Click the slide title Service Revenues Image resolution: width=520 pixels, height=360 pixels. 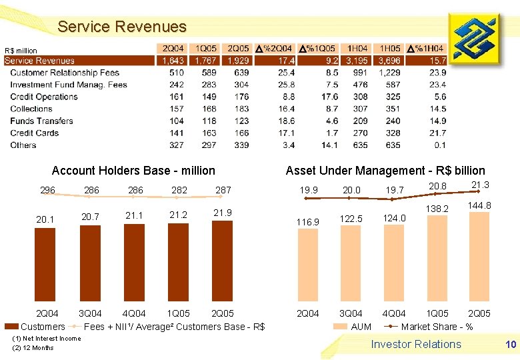click(122, 27)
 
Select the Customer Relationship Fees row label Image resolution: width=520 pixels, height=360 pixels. click(65, 73)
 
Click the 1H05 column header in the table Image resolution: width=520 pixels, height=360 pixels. click(390, 49)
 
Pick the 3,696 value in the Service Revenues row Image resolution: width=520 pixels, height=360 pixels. click(389, 61)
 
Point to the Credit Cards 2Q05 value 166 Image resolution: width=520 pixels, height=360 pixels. click(241, 133)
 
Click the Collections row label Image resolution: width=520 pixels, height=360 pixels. click(31, 109)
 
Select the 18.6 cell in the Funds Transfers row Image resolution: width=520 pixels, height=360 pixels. click(287, 121)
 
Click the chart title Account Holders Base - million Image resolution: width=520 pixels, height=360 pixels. click(133, 171)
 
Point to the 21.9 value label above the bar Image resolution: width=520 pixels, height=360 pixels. click(222, 212)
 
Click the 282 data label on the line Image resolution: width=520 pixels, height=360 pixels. click(179, 190)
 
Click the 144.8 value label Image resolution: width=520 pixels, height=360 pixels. click(479, 206)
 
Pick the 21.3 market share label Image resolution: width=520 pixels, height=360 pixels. click(480, 185)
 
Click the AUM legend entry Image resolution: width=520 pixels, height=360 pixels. click(361, 327)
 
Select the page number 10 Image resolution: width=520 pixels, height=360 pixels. click(511, 345)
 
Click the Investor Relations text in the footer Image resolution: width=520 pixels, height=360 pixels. click(415, 345)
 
